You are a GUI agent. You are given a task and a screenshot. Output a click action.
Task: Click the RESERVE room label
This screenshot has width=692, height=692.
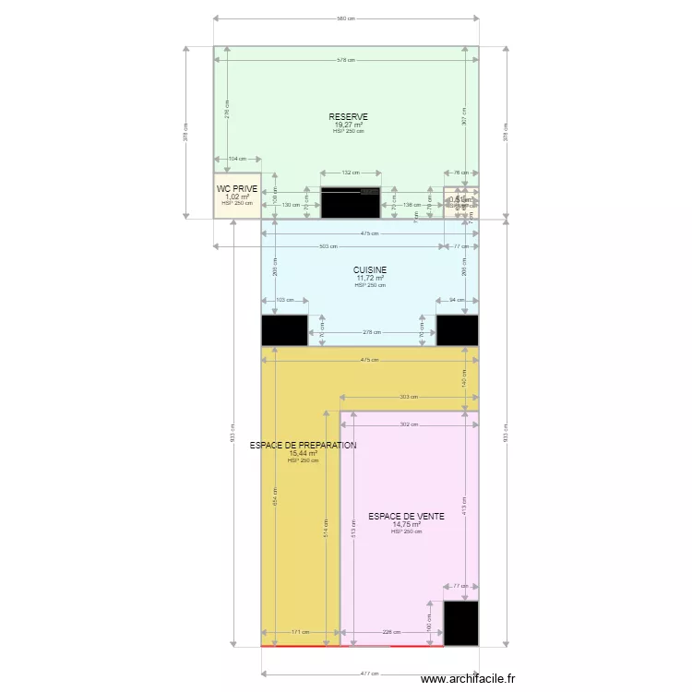point(349,117)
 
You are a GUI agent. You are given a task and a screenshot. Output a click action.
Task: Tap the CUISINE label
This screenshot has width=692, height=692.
point(370,270)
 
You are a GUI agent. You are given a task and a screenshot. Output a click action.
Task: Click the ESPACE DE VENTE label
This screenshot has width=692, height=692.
point(406,517)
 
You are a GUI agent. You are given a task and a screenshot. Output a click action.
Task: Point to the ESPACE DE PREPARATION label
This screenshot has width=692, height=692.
point(303,446)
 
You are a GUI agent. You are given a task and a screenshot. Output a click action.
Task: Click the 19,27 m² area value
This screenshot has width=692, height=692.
point(349,125)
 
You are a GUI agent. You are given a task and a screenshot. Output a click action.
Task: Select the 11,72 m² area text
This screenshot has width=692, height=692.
point(370,278)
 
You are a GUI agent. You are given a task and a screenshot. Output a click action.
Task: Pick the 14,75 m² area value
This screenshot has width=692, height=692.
point(406,524)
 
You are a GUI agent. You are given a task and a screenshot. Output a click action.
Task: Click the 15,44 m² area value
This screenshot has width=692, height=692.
point(303,453)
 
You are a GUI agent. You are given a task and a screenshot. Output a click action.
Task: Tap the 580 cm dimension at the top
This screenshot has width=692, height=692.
point(345,18)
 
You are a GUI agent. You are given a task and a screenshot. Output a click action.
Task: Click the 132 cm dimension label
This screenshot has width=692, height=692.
point(351,173)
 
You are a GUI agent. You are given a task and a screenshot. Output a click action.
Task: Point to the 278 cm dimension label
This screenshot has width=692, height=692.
point(371,332)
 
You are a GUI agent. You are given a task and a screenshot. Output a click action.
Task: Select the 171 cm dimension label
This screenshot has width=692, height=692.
point(301,632)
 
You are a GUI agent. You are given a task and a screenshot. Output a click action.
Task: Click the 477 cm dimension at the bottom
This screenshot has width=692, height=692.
point(370,674)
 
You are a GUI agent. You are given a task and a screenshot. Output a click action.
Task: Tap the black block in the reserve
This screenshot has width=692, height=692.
point(350,203)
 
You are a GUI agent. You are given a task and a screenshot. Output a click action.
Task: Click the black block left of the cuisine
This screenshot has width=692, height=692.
point(284,330)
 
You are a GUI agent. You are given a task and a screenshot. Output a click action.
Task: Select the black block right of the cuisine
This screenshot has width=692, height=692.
point(457,330)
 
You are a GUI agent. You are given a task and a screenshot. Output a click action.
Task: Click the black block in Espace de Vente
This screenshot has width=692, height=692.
point(460,624)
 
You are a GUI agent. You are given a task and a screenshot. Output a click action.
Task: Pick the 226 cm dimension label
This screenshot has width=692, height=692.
point(391,632)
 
